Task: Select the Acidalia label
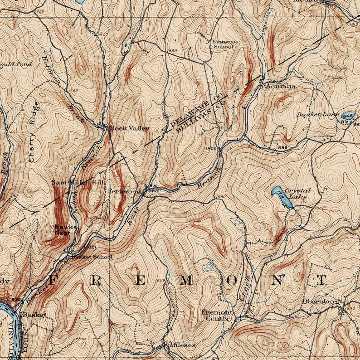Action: click(281, 86)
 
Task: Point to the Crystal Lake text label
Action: click(299, 194)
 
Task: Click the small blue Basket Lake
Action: click(347, 115)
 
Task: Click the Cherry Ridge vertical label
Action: click(33, 131)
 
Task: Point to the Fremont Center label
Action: click(217, 315)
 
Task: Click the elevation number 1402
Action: click(212, 148)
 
